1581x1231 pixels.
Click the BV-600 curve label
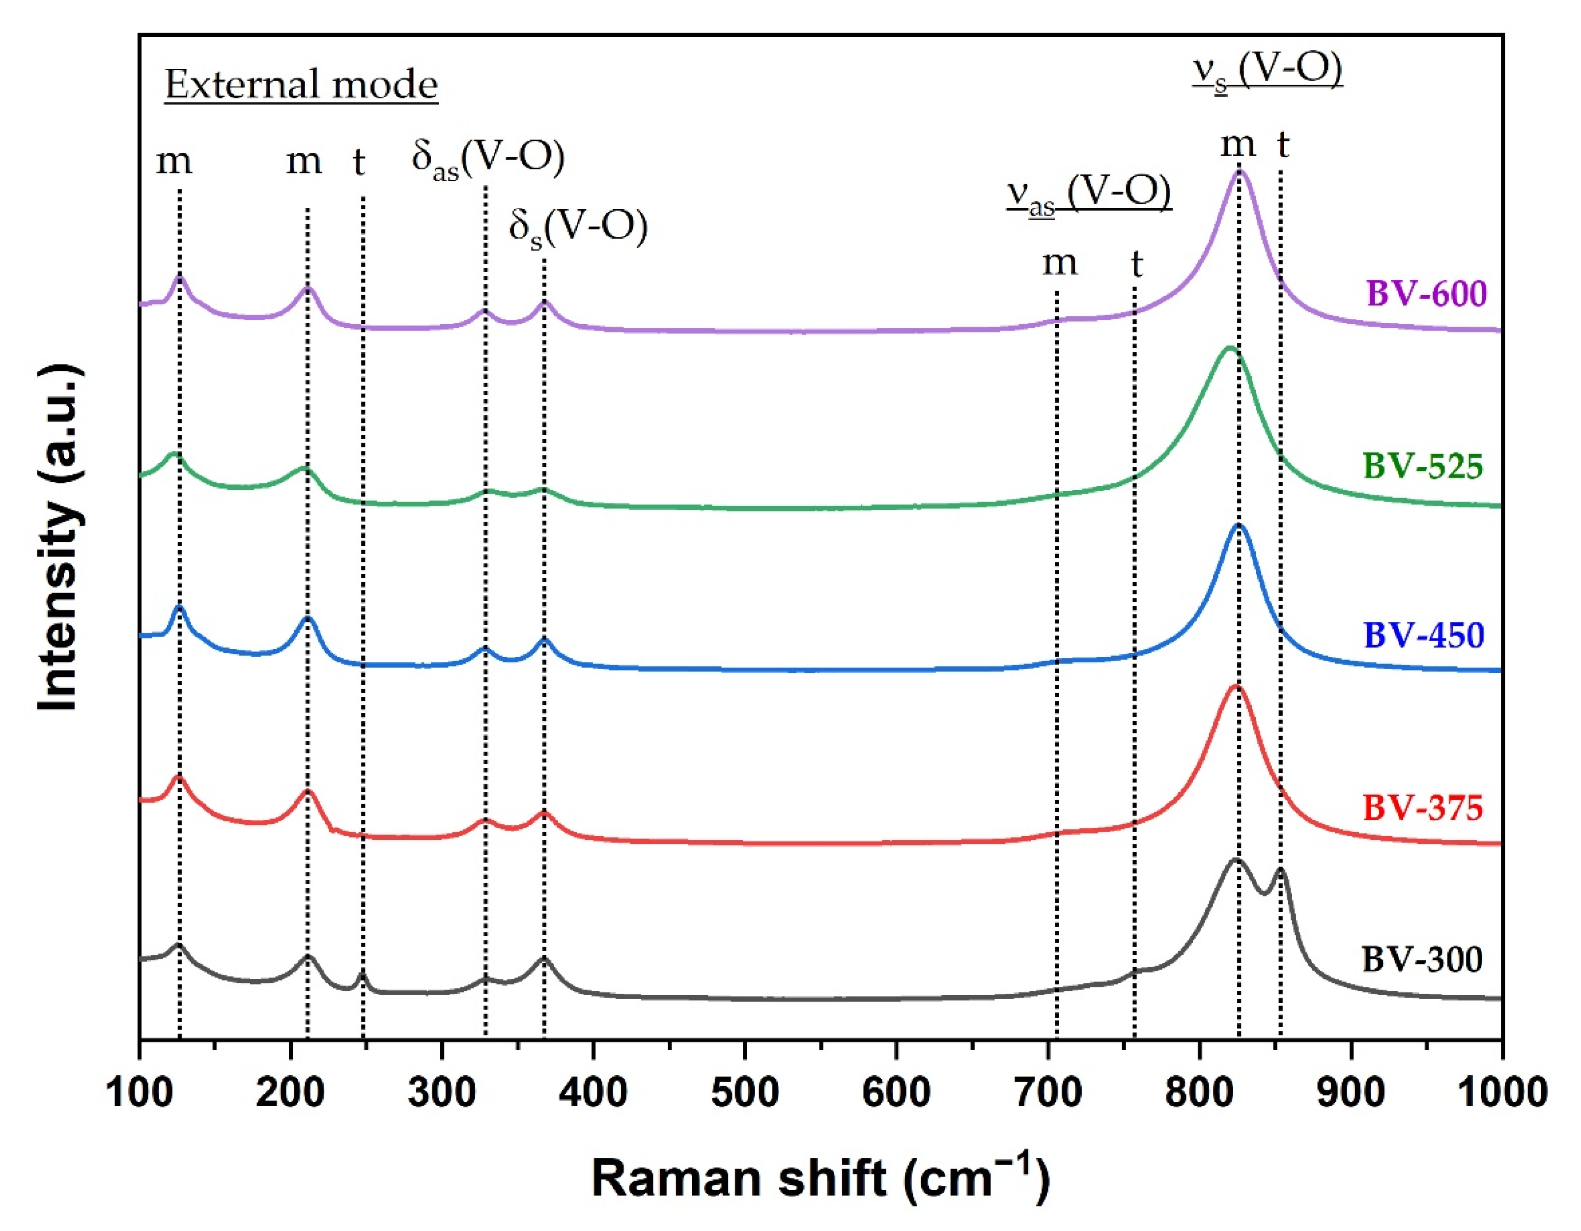pyautogui.click(x=1425, y=293)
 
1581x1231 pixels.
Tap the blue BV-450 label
pyautogui.click(x=1423, y=635)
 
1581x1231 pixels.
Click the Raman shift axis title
pyautogui.click(x=820, y=1178)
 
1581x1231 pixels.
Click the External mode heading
pyautogui.click(x=301, y=84)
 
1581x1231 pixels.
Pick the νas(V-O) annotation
pyautogui.click(x=1089, y=193)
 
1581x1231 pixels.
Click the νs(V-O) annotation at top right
pyautogui.click(x=1268, y=71)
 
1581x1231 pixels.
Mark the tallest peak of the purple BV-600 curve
pyautogui.click(x=1240, y=171)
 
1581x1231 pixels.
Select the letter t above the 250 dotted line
pyautogui.click(x=359, y=163)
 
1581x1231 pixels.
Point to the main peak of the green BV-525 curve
pyautogui.click(x=1228, y=349)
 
